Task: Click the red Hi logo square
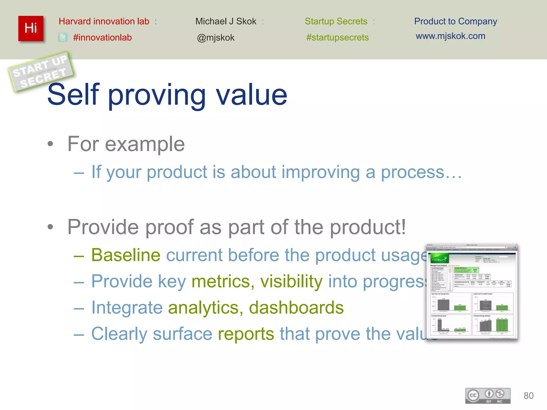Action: point(31,28)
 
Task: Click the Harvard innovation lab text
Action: point(104,21)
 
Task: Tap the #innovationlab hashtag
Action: point(102,38)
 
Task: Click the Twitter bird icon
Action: point(62,37)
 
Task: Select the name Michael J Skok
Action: point(226,21)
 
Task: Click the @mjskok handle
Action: point(216,38)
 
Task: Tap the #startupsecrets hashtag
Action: point(337,37)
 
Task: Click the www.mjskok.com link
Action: point(450,36)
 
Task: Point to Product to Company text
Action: point(455,21)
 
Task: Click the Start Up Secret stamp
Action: point(41,72)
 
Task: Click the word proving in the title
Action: point(157,95)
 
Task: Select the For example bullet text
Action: point(126,144)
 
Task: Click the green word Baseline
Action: point(126,255)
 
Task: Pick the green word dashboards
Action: point(296,307)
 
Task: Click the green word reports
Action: point(246,334)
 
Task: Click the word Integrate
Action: point(127,307)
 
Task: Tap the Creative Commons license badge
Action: point(488,396)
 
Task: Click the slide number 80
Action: point(528,396)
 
